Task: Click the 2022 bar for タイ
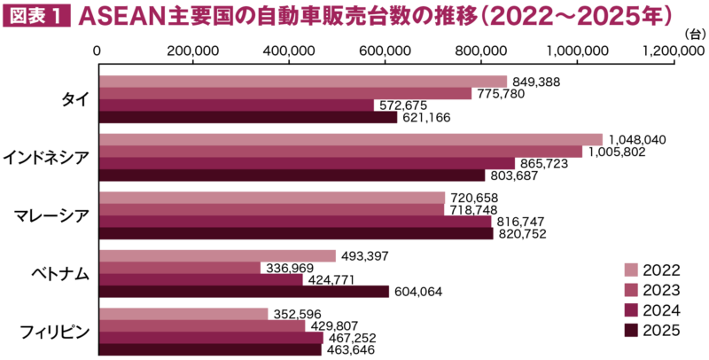tap(301, 82)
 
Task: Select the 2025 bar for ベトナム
tap(243, 291)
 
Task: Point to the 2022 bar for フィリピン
tap(183, 314)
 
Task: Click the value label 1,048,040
tap(635, 139)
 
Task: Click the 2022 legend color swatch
tap(631, 270)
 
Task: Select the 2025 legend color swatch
tap(631, 331)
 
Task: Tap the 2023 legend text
tap(661, 290)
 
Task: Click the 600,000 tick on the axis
tap(386, 51)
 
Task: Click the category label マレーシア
tap(51, 215)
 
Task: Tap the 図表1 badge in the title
tap(36, 17)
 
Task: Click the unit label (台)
tap(692, 33)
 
